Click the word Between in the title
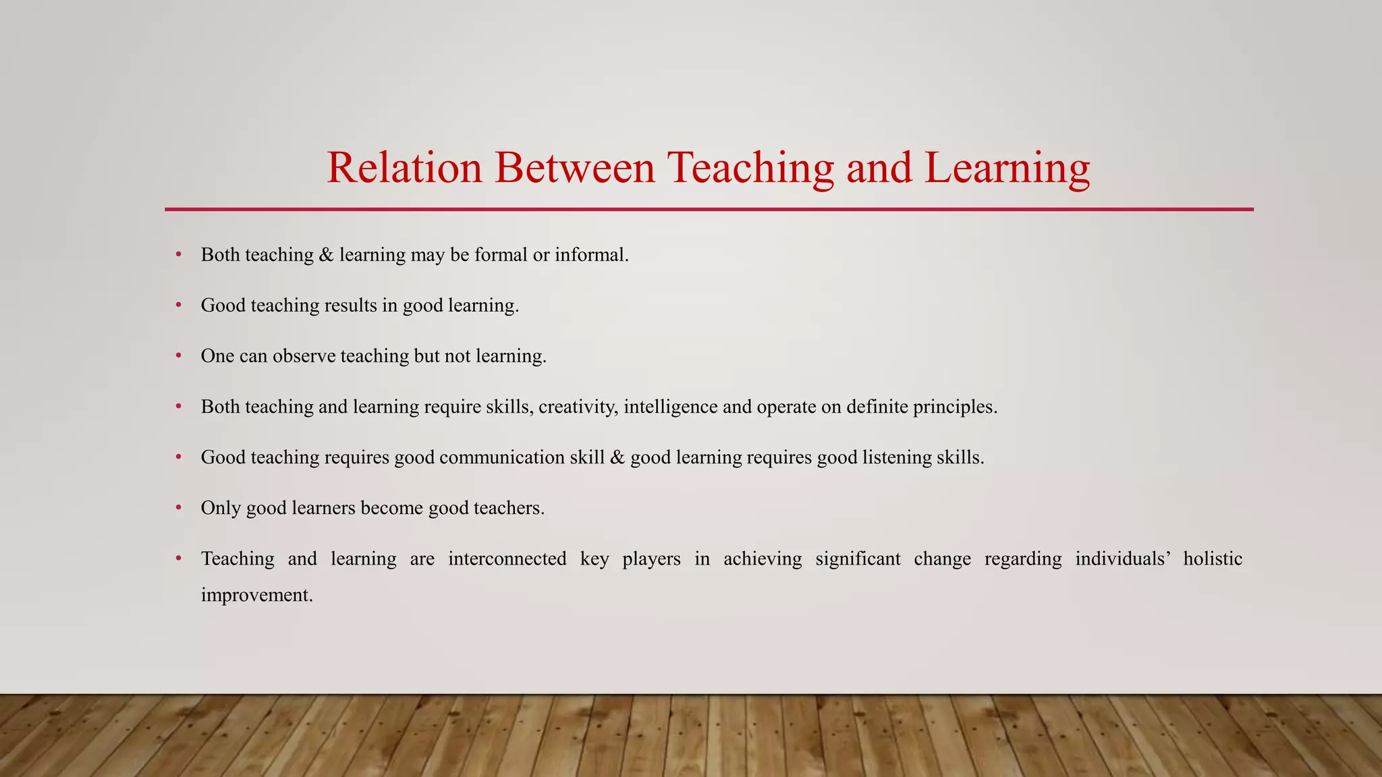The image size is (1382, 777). point(574,167)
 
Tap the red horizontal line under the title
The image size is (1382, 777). point(709,209)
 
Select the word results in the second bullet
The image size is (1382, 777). point(350,306)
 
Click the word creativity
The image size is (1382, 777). point(578,407)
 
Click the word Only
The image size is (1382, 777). point(221,508)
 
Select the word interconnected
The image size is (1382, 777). point(507,558)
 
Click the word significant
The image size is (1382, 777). point(858,558)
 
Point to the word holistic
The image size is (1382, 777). point(1213,558)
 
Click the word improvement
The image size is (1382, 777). point(257,595)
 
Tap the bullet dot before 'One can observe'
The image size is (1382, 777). point(179,355)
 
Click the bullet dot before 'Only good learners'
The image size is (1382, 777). point(179,507)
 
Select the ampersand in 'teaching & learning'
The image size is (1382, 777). point(327,255)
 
